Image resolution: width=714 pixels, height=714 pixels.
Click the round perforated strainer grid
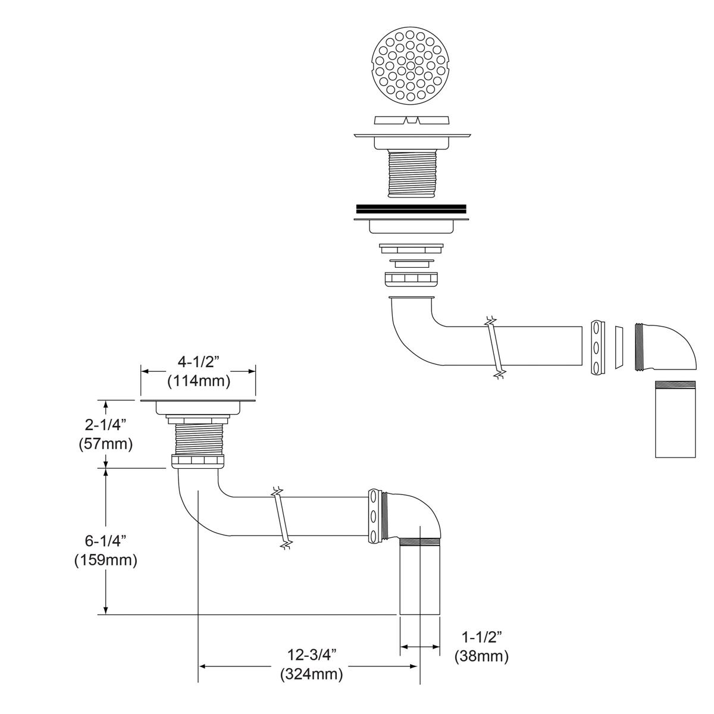410,64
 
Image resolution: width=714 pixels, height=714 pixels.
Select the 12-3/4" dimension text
311,654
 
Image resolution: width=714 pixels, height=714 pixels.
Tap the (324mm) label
311,674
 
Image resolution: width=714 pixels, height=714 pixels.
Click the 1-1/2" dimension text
482,637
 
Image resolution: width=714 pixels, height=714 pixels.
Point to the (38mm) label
482,656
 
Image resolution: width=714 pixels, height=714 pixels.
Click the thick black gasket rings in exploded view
411,209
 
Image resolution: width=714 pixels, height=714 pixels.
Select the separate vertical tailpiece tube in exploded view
675,419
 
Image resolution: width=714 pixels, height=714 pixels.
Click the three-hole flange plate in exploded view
597,348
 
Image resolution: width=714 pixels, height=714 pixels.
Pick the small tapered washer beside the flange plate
618,347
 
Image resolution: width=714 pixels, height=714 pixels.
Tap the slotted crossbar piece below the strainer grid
410,121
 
